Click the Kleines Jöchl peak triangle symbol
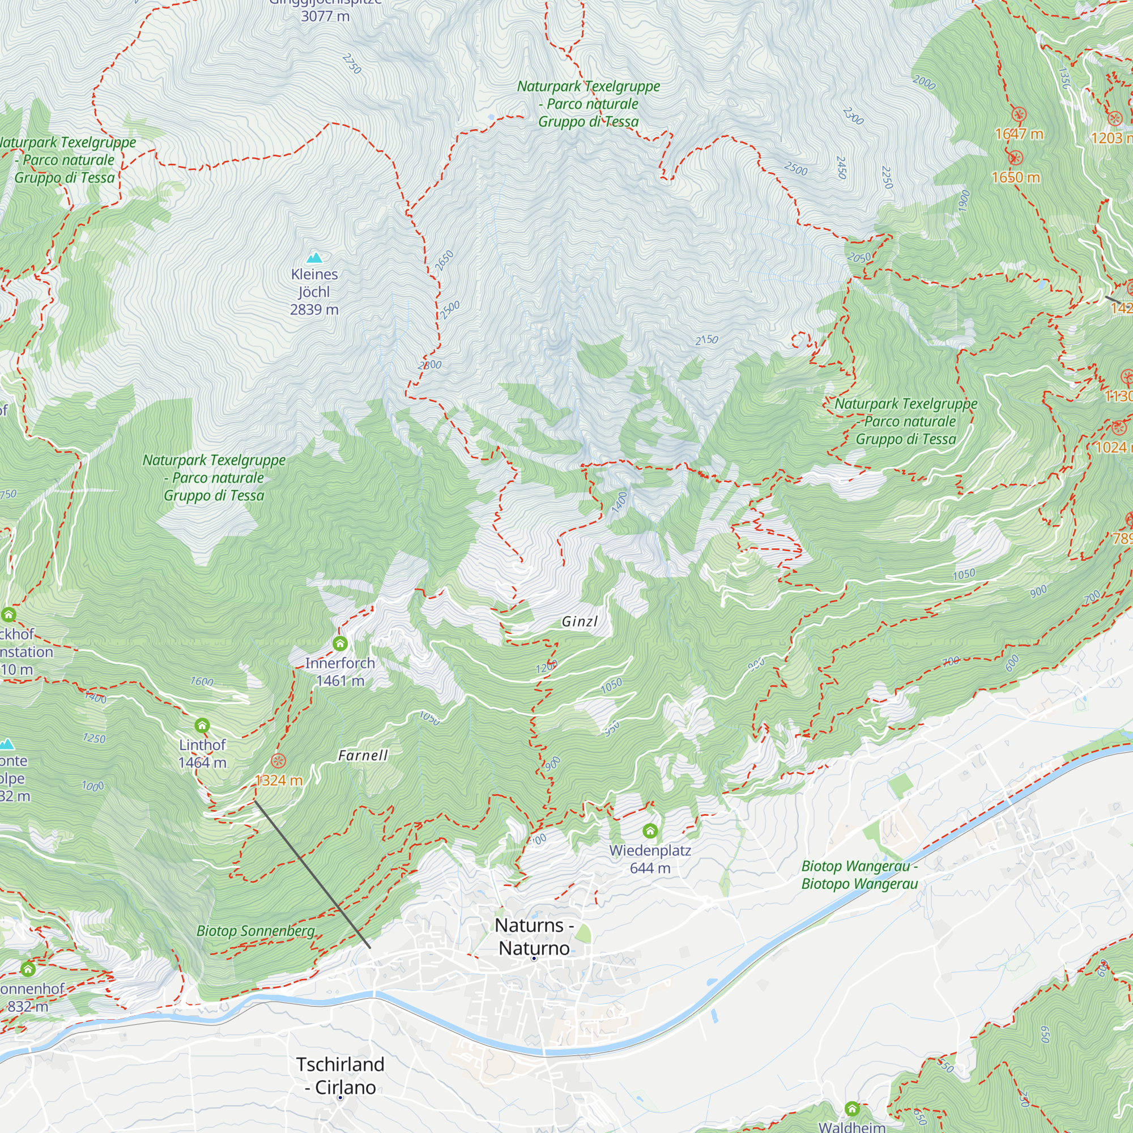315,257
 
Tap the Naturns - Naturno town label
534,936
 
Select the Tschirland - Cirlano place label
340,1076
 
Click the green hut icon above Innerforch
340,644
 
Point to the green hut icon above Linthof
202,726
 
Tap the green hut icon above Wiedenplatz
650,831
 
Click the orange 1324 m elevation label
279,781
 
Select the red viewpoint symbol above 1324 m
279,761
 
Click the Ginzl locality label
580,621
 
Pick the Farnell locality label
363,755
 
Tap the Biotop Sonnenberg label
255,931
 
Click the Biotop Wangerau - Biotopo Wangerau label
859,875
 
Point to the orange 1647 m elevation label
1019,134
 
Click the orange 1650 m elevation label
1016,177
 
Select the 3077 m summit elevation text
325,16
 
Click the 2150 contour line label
706,339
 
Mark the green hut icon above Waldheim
852,1109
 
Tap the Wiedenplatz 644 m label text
650,859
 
